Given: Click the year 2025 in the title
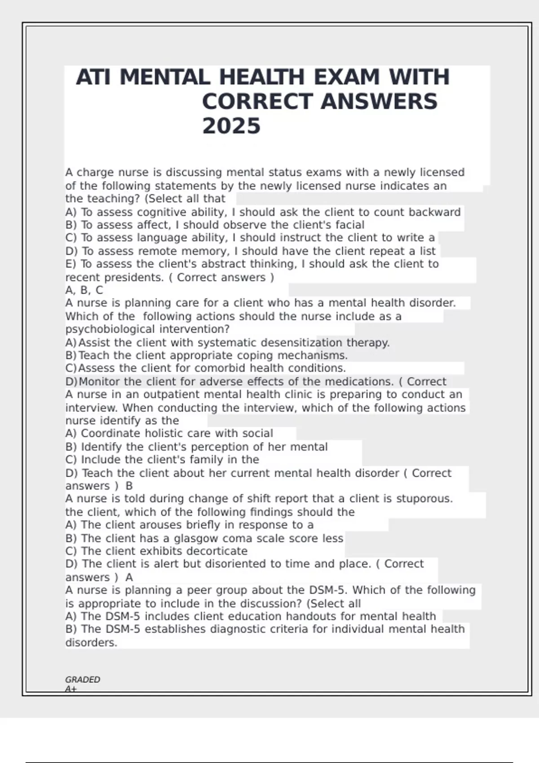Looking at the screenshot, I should (x=231, y=126).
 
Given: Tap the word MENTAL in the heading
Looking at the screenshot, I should (x=164, y=77).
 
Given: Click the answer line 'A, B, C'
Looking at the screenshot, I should (x=84, y=290).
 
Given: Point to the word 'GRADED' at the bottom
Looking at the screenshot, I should (x=83, y=680).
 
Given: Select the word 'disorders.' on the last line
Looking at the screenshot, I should (x=91, y=642).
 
